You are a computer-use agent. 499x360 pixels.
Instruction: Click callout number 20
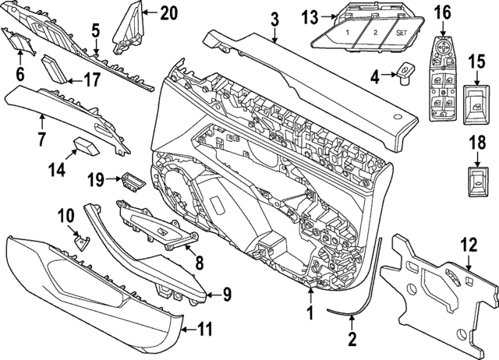(x=168, y=12)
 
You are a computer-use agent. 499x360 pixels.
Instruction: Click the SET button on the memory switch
(x=401, y=34)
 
